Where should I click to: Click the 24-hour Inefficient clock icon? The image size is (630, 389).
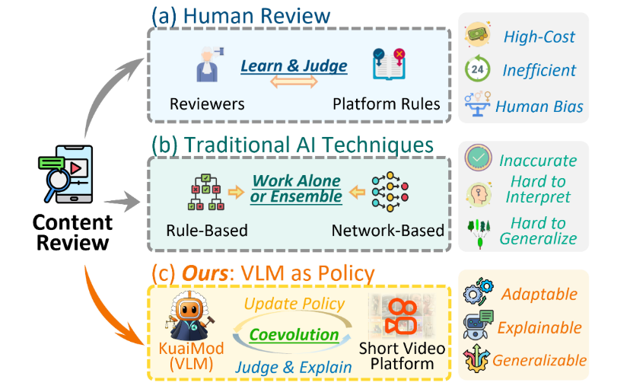[477, 70]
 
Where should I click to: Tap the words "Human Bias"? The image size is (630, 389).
[539, 106]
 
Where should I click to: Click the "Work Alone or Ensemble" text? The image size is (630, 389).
[296, 189]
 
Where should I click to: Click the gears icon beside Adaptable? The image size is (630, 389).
[477, 295]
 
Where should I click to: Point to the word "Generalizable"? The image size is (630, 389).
[540, 360]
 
